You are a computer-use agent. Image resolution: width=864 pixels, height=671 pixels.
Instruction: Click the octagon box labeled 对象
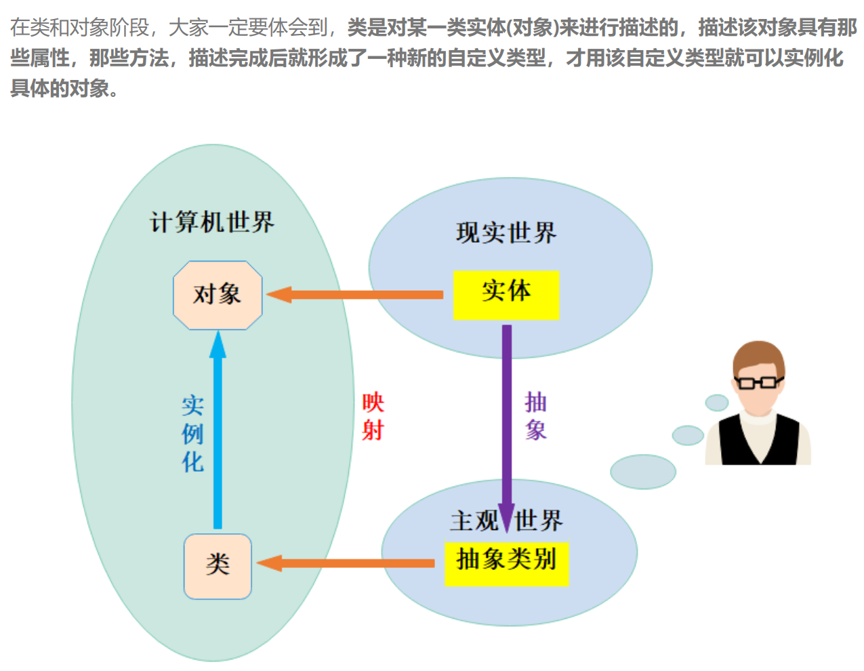click(218, 295)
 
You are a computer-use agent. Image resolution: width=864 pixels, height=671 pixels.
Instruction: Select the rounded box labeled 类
click(218, 566)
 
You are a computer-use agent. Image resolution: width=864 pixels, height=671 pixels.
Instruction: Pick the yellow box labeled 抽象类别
click(506, 563)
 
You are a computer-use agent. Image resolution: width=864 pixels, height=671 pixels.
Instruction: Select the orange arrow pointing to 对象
click(356, 295)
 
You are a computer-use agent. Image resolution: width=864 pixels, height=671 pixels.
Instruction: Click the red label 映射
click(373, 416)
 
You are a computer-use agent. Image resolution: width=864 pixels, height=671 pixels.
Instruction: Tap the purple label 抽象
click(535, 415)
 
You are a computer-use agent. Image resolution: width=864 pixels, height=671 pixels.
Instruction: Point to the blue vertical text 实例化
click(193, 434)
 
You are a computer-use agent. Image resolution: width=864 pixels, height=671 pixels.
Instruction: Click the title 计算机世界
click(212, 222)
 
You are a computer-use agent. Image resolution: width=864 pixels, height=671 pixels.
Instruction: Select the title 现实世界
click(506, 233)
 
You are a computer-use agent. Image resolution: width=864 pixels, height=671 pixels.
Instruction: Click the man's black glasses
click(757, 382)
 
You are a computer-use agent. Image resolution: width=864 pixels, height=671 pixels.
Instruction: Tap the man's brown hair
click(759, 356)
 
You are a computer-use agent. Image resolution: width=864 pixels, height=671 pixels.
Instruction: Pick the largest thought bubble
click(642, 472)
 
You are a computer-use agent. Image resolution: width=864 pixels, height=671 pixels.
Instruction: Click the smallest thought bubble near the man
click(716, 403)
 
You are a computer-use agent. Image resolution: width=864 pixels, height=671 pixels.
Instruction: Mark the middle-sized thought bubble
click(687, 435)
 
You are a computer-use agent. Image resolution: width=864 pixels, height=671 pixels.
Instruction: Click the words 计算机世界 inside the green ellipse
click(212, 222)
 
